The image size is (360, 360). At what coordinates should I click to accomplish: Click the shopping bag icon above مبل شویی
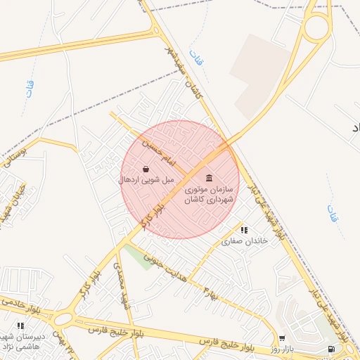click(x=145, y=169)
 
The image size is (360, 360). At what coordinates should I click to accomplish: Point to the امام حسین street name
click(x=158, y=152)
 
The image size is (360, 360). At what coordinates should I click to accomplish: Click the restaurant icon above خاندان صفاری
click(x=244, y=230)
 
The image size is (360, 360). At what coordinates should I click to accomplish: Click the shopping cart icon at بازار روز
click(x=282, y=338)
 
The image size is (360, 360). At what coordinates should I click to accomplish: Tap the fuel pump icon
click(x=330, y=349)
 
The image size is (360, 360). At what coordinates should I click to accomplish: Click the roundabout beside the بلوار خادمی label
click(x=63, y=318)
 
